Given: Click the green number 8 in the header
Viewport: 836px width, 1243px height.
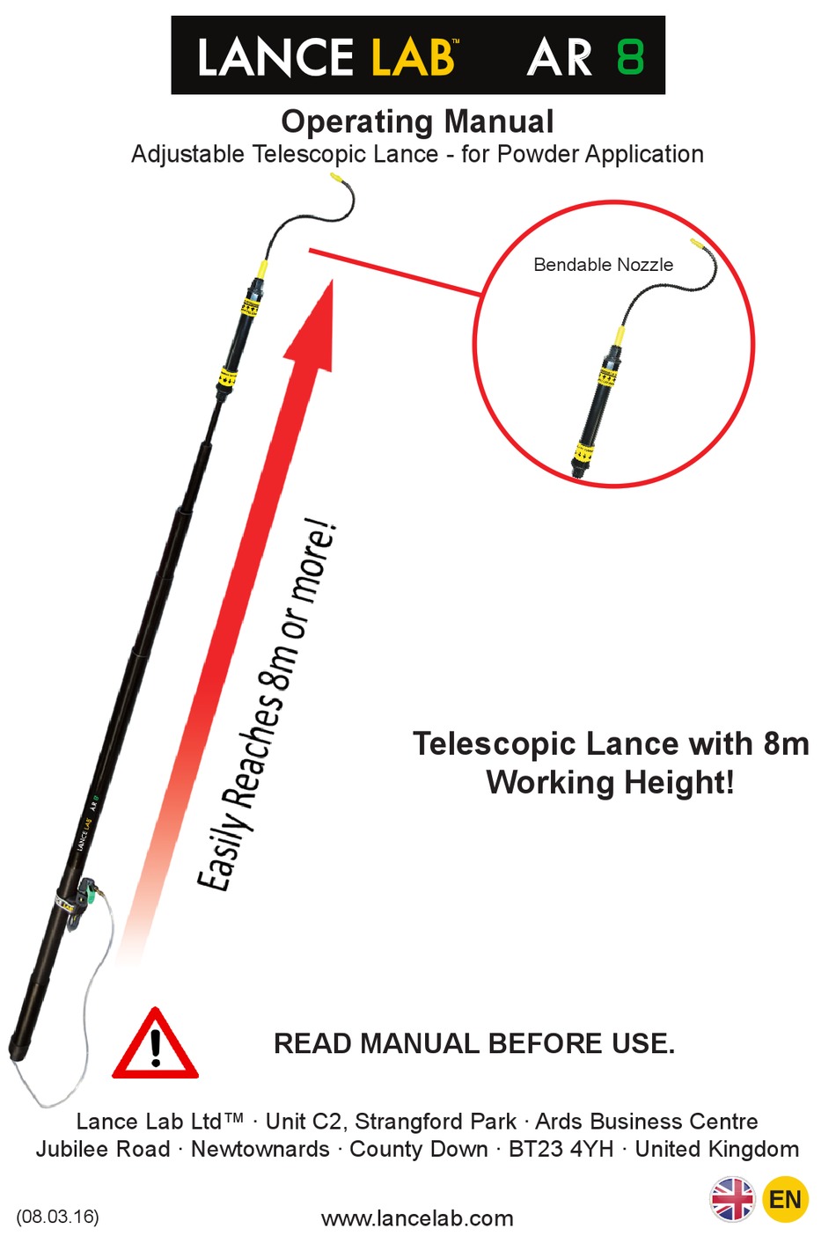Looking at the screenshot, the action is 630,56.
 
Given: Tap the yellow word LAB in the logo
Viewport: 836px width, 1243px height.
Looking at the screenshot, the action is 413,58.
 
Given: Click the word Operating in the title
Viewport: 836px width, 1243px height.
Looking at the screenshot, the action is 348,121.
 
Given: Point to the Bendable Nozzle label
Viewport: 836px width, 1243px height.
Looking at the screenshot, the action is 603,265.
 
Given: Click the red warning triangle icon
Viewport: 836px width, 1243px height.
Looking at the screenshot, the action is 155,1047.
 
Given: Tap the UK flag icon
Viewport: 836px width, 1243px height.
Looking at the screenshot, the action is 732,1199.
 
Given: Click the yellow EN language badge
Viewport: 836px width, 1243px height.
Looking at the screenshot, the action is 785,1199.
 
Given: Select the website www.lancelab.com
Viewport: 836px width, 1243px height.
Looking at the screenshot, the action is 417,1218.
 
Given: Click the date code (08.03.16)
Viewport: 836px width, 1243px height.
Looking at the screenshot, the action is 57,1217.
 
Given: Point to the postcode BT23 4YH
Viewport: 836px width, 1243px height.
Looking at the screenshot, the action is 561,1149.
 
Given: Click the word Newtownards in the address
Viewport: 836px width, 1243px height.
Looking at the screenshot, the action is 260,1149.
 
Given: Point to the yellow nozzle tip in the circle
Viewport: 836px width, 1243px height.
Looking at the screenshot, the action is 696,243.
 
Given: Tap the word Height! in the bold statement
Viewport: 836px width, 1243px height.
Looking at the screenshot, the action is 683,782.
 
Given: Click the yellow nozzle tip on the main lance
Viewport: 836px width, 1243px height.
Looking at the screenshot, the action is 335,179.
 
